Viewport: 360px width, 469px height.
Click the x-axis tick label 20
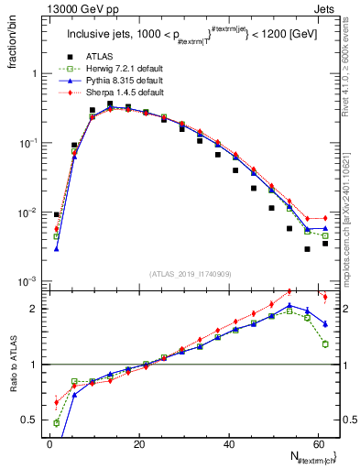[x=138, y=443]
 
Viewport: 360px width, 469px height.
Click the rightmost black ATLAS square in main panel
[x=325, y=243]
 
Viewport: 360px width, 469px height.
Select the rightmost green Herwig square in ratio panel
[x=325, y=344]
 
